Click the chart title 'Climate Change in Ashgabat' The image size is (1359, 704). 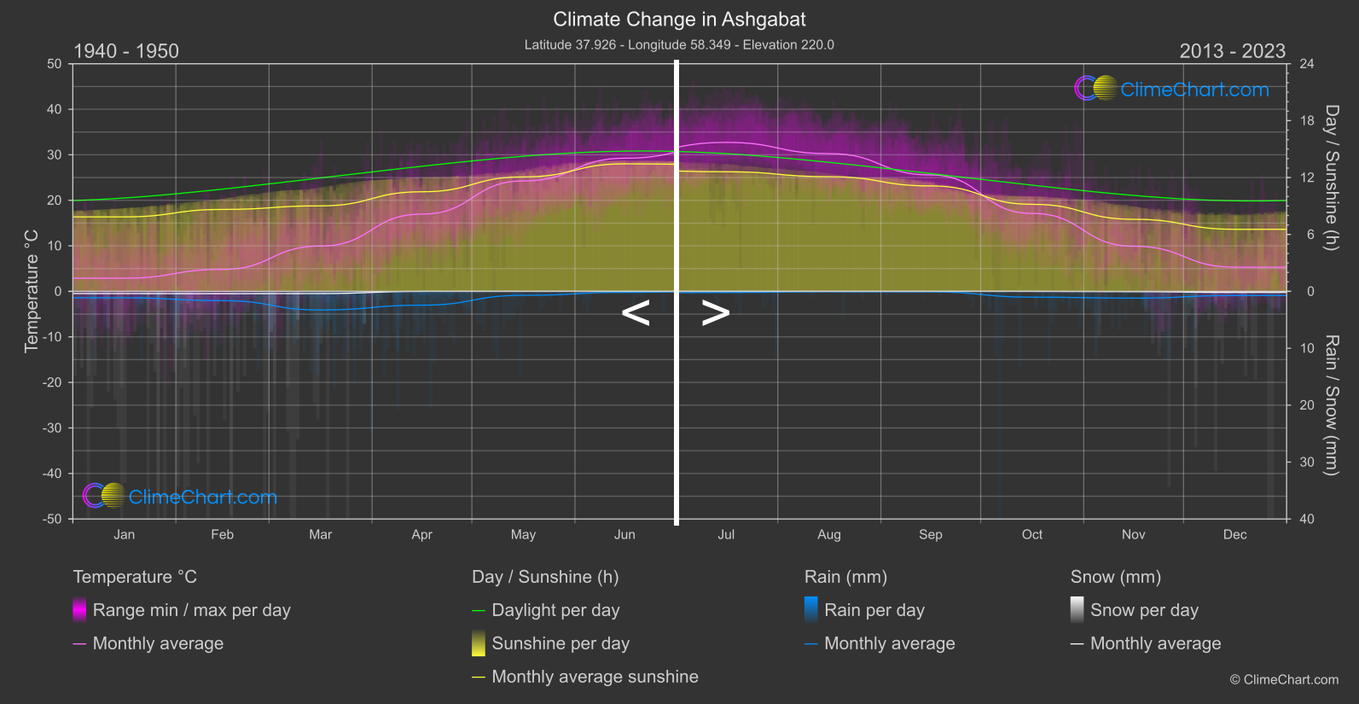tap(679, 19)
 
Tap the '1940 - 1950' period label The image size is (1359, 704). tap(126, 51)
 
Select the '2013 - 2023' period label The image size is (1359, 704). tap(1232, 51)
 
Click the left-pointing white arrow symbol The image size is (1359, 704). tap(636, 313)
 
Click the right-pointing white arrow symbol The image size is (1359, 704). tap(715, 313)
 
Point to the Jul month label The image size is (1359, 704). tap(726, 535)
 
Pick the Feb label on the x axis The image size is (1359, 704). tap(222, 535)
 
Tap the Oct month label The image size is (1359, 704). tap(1032, 535)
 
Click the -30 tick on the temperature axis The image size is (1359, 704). tap(53, 428)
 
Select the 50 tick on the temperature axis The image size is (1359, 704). tap(55, 64)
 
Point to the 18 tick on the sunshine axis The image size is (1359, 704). tap(1307, 121)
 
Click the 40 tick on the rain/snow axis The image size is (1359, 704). tap(1307, 519)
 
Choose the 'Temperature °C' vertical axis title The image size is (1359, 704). tap(32, 291)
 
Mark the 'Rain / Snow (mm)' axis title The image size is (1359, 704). tap(1331, 404)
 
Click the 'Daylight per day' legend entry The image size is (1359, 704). tap(555, 610)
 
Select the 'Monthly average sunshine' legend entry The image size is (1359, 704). tap(595, 677)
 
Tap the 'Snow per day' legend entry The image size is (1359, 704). tap(1144, 610)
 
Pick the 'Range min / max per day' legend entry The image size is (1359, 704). tap(191, 610)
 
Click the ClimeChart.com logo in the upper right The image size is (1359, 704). tap(1172, 89)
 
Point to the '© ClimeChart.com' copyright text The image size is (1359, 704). tap(1284, 680)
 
